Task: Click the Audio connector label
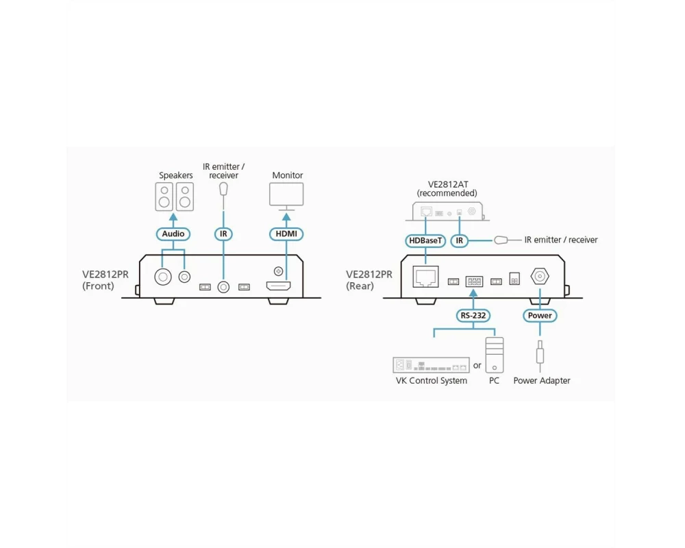173,234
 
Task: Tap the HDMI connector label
286,234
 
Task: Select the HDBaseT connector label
426,240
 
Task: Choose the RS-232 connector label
473,316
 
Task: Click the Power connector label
540,316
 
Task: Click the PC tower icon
494,355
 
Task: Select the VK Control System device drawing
431,365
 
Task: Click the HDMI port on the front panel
278,286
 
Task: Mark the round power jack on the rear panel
540,277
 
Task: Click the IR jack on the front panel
223,286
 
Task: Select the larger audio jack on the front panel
163,277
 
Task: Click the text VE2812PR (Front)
104,280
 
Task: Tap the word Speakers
176,176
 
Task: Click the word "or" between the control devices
477,366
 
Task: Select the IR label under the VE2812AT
460,240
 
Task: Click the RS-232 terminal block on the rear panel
473,281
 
